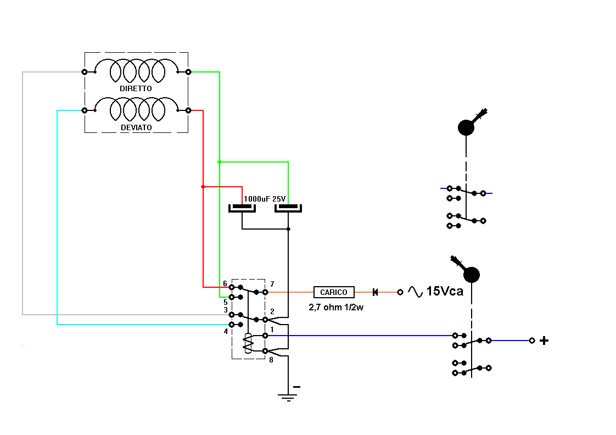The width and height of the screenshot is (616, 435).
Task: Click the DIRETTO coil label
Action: tap(136, 88)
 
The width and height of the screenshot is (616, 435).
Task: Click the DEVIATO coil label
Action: tap(136, 127)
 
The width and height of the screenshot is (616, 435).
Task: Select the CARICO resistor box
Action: tap(334, 292)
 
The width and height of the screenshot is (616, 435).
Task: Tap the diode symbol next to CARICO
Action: tap(376, 292)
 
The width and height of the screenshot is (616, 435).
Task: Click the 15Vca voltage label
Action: tap(444, 292)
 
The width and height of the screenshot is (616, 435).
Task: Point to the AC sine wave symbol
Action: tap(415, 292)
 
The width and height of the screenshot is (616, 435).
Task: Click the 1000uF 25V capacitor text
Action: tap(265, 199)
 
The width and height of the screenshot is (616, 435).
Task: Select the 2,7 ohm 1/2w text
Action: tap(336, 307)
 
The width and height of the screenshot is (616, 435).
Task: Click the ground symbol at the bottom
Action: tap(288, 397)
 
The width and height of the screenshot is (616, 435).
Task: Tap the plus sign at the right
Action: tap(544, 341)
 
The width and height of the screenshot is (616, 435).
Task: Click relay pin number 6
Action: tap(225, 284)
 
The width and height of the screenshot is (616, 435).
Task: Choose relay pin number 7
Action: tap(272, 284)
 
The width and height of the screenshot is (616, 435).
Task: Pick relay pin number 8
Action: tap(271, 360)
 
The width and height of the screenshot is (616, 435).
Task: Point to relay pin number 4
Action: tap(225, 331)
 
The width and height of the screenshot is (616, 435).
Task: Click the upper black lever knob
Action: tap(466, 127)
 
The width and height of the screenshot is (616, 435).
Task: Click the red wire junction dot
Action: tap(203, 187)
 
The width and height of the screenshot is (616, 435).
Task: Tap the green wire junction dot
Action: tap(220, 162)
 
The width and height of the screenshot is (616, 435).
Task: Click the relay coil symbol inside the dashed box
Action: tap(249, 343)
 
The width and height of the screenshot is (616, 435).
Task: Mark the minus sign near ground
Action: tap(296, 387)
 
